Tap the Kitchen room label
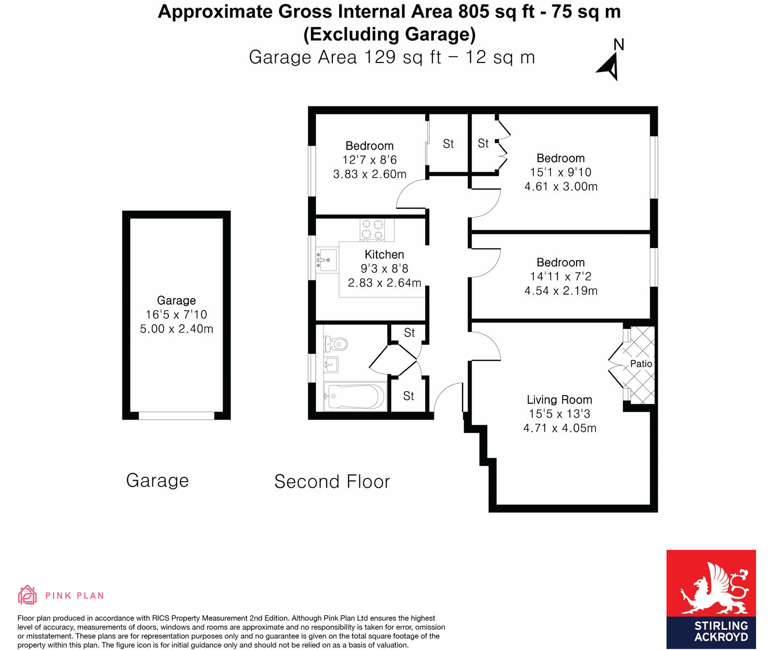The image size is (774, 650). tap(384, 254)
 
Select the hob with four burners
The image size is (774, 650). tap(372, 230)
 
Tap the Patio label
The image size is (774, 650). tap(641, 364)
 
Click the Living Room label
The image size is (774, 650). tap(559, 400)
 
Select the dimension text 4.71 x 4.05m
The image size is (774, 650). tap(560, 428)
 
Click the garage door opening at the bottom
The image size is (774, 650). tap(176, 415)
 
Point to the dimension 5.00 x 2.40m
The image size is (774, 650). tap(177, 329)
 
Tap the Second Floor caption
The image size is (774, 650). tap(332, 482)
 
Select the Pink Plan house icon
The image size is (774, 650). tap(27, 595)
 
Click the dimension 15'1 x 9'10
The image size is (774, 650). tap(561, 172)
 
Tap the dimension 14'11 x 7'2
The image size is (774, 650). tap(561, 277)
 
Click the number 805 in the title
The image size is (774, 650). tap(474, 12)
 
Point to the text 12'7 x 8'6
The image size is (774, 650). tap(370, 160)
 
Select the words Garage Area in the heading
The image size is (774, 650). tap(302, 58)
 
